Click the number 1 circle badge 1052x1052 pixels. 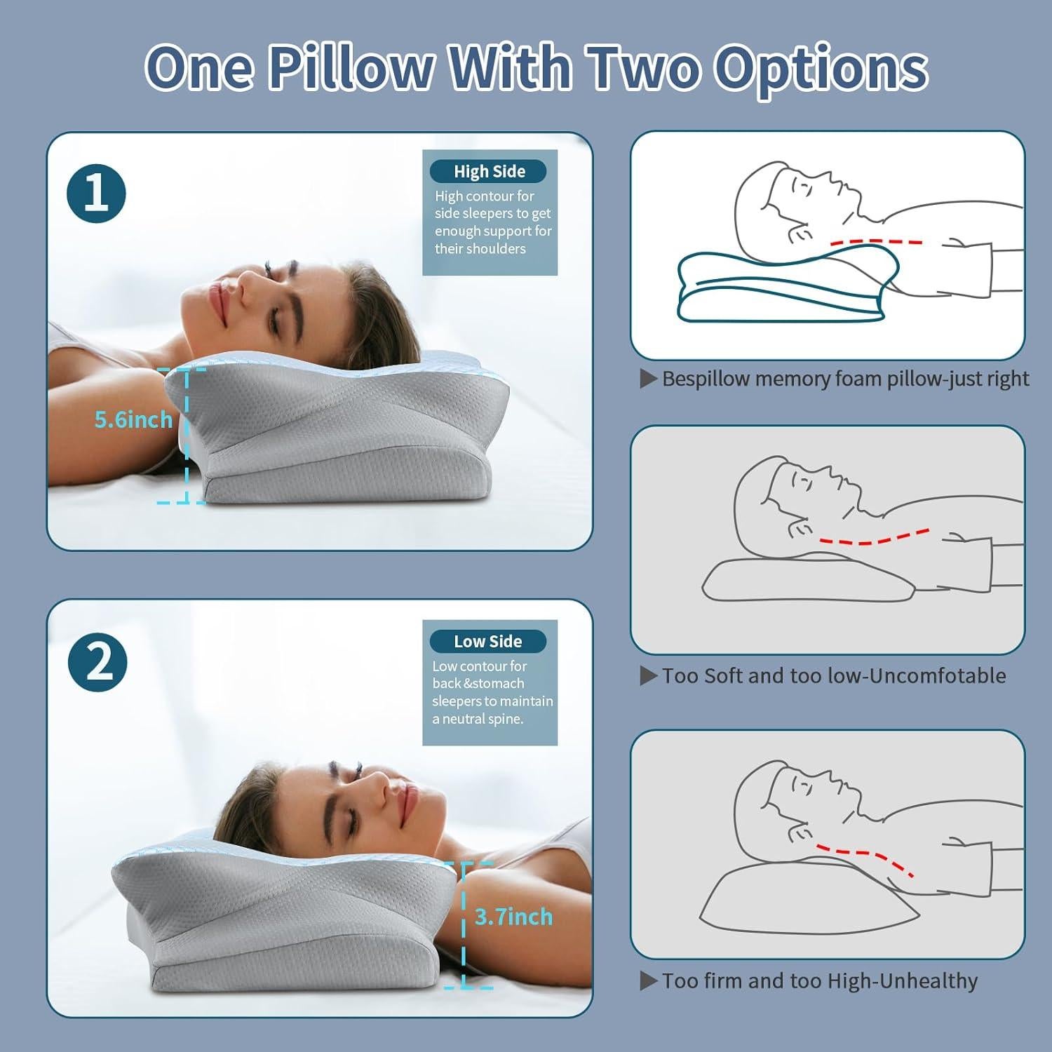click(x=96, y=194)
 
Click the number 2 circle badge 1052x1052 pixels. click(x=97, y=662)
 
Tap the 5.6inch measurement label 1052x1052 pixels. click(x=133, y=419)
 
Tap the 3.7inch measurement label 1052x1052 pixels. click(x=513, y=916)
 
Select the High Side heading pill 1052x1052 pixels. click(x=489, y=171)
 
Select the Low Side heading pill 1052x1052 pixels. click(x=487, y=641)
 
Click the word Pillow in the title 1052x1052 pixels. click(x=351, y=68)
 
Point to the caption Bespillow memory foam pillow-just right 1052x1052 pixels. click(x=844, y=379)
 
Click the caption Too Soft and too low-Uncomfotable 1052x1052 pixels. click(x=833, y=675)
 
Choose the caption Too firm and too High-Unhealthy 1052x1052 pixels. click(x=819, y=980)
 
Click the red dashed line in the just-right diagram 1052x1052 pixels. click(x=877, y=241)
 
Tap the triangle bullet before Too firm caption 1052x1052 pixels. click(x=648, y=980)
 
